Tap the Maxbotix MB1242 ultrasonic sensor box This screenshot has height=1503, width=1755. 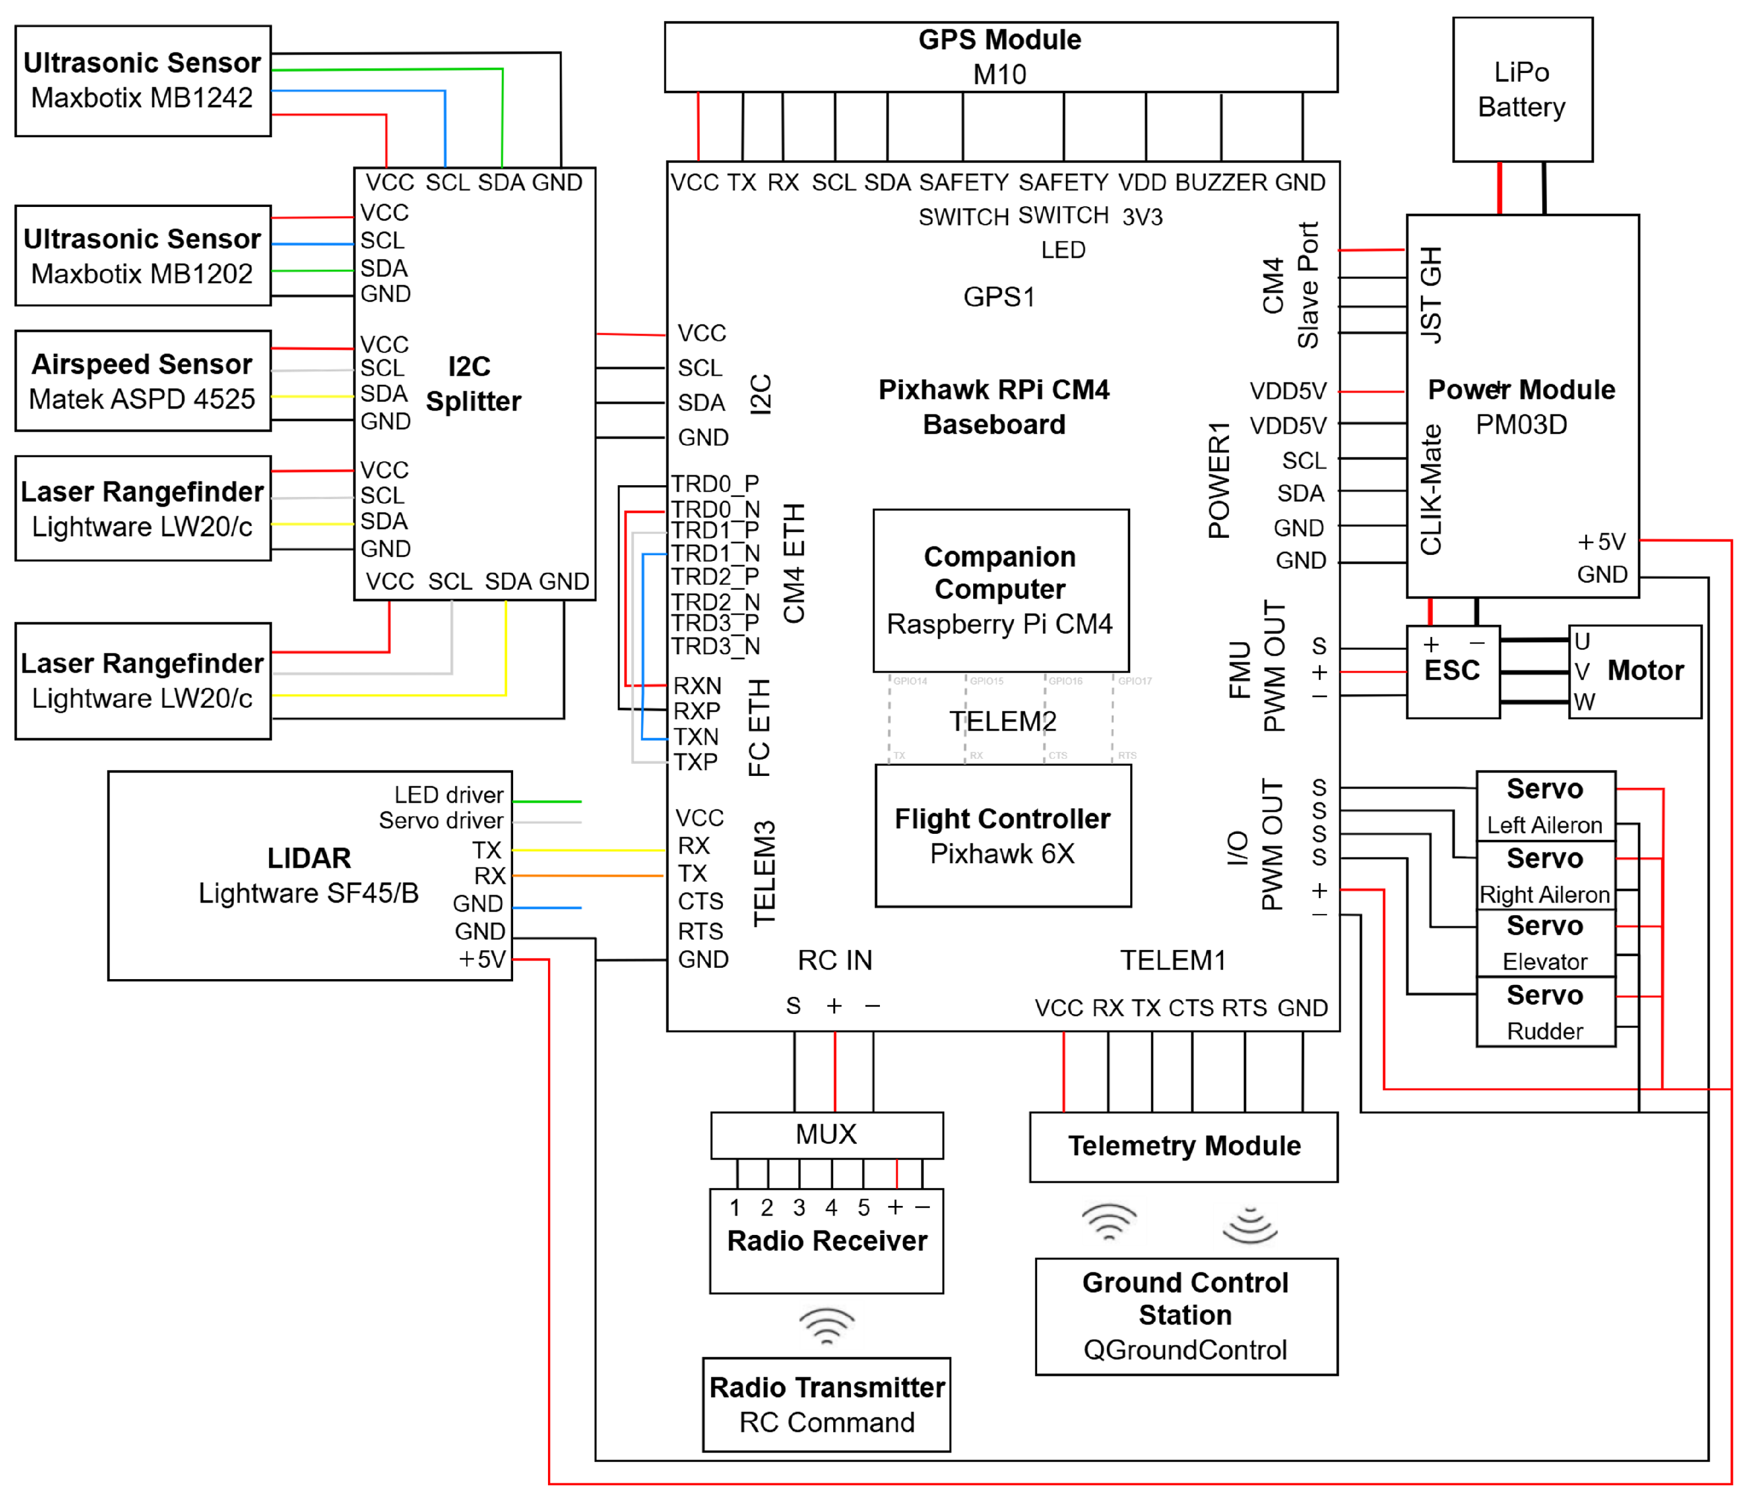[142, 80]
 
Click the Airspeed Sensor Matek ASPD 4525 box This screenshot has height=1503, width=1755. [142, 381]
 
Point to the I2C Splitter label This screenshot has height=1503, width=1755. [472, 384]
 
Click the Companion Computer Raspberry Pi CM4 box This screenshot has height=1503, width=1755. [1001, 590]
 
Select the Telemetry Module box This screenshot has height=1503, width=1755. [1183, 1146]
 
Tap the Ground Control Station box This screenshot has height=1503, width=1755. [1185, 1316]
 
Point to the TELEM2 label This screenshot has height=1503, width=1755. [1002, 722]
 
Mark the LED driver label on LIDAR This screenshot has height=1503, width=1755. [448, 795]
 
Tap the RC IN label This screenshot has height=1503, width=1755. [834, 960]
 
